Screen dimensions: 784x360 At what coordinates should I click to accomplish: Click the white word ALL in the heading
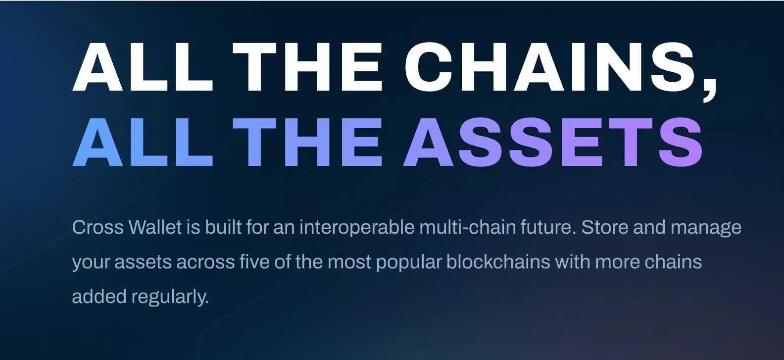(x=143, y=67)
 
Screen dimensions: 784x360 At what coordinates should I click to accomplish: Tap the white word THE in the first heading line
(x=307, y=67)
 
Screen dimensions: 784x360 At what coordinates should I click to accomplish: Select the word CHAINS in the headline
(x=549, y=67)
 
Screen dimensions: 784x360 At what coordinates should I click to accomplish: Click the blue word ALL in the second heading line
(x=143, y=142)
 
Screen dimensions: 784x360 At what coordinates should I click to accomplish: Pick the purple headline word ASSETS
(x=553, y=142)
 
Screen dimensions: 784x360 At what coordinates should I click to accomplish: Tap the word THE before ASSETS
(x=307, y=142)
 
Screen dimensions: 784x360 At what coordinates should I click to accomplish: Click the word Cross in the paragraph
(x=98, y=227)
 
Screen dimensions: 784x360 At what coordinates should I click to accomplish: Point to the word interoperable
(x=357, y=228)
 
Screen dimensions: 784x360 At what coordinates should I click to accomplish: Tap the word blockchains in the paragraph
(x=498, y=261)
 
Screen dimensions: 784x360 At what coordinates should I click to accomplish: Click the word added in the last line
(x=99, y=296)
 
